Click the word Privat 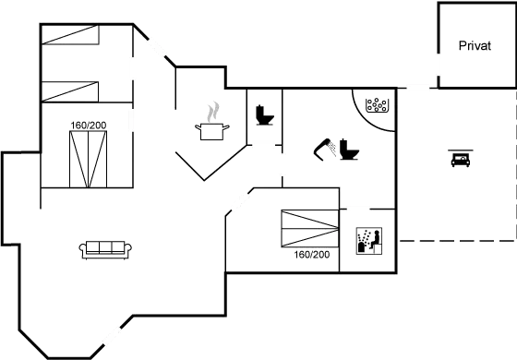point(475,45)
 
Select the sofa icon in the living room point(105,250)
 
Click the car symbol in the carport point(461,161)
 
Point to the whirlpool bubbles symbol point(378,105)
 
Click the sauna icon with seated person point(369,241)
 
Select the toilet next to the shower point(349,150)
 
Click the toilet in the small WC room point(265,115)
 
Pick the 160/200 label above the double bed point(89,126)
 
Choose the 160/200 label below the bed point(312,255)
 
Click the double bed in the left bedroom point(88,159)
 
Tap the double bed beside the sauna point(310,229)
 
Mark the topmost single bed point(70,34)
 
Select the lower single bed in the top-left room point(70,91)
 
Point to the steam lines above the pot point(213,112)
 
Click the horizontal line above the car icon point(461,150)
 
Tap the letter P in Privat point(463,45)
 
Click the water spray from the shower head point(332,149)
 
